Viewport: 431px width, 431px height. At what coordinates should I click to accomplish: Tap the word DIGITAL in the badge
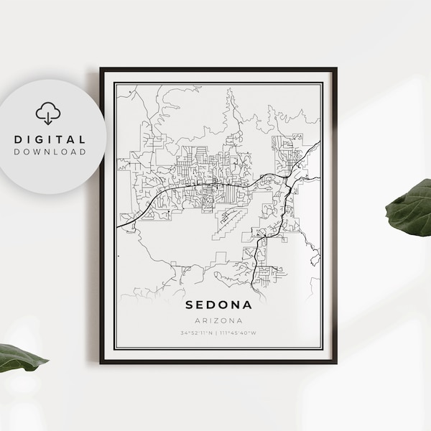click(49, 139)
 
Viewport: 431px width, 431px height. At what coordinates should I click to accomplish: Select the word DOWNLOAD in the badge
click(49, 152)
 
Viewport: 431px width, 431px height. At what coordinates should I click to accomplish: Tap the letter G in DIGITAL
click(43, 139)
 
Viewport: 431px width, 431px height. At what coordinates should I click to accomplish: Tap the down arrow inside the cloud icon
click(48, 116)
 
